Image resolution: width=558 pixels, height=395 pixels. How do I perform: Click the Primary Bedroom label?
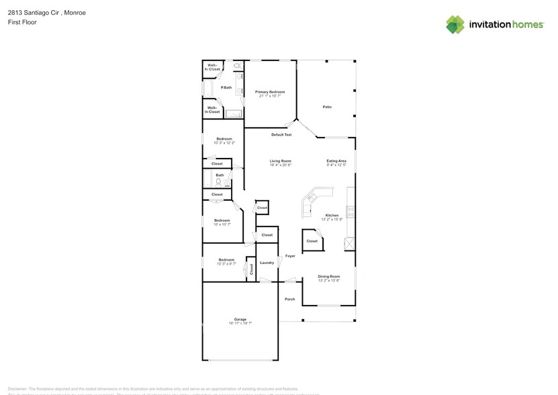[x=270, y=92]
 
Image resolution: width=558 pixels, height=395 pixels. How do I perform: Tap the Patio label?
[x=327, y=107]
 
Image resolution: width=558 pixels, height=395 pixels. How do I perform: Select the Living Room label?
[x=280, y=161]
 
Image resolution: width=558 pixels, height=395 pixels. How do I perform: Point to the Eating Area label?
[x=336, y=161]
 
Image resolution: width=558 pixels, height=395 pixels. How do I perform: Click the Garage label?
[x=240, y=319]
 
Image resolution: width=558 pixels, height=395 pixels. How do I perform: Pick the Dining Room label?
[x=328, y=276]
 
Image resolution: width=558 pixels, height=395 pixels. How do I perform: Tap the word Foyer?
[x=290, y=256]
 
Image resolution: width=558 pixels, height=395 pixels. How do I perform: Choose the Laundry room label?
[x=267, y=263]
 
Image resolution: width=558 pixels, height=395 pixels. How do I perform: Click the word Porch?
[x=290, y=299]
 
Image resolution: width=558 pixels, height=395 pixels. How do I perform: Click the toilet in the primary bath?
[x=238, y=67]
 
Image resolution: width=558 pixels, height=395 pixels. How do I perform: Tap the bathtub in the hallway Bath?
[x=208, y=179]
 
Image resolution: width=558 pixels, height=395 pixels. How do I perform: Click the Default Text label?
[x=281, y=134]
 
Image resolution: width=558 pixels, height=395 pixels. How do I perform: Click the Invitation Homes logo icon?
[x=455, y=24]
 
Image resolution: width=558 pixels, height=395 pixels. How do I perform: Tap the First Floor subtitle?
[x=22, y=22]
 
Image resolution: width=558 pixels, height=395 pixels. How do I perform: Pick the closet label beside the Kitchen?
[x=312, y=241]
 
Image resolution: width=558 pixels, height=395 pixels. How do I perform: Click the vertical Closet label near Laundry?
[x=251, y=269]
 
